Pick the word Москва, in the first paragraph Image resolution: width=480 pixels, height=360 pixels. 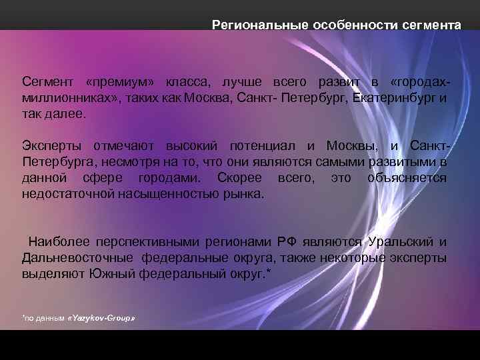click(207, 98)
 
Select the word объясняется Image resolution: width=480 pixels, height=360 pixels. click(407, 178)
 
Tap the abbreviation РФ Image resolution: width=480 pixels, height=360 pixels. click(287, 242)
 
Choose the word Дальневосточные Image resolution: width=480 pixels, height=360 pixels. click(77, 258)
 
